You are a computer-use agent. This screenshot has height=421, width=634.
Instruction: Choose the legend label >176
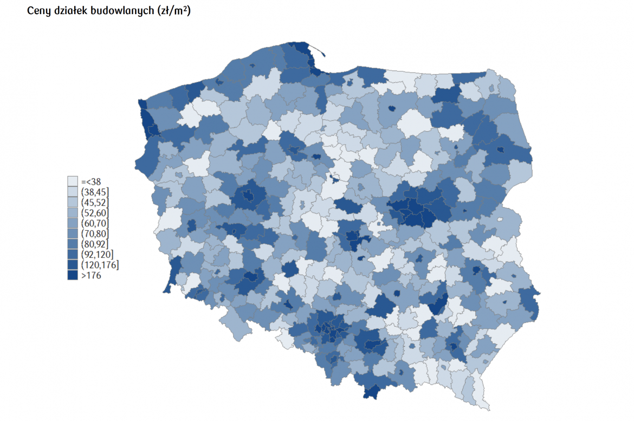pos(90,275)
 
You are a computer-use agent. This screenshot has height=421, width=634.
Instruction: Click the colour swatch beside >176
pos(73,275)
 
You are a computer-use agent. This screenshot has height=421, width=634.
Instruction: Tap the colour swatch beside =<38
pos(73,182)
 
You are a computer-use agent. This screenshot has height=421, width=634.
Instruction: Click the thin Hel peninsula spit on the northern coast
pos(320,51)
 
